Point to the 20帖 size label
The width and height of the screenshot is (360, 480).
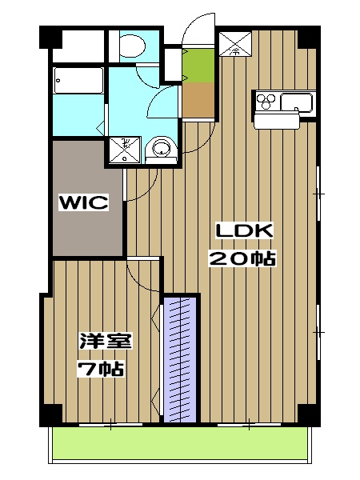coord(242,258)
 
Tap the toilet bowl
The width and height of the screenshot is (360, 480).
coord(129,46)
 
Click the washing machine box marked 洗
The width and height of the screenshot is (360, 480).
coord(125,149)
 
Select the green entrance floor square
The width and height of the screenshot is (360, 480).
coord(197,64)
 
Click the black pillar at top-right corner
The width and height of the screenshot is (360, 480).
coord(310,37)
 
